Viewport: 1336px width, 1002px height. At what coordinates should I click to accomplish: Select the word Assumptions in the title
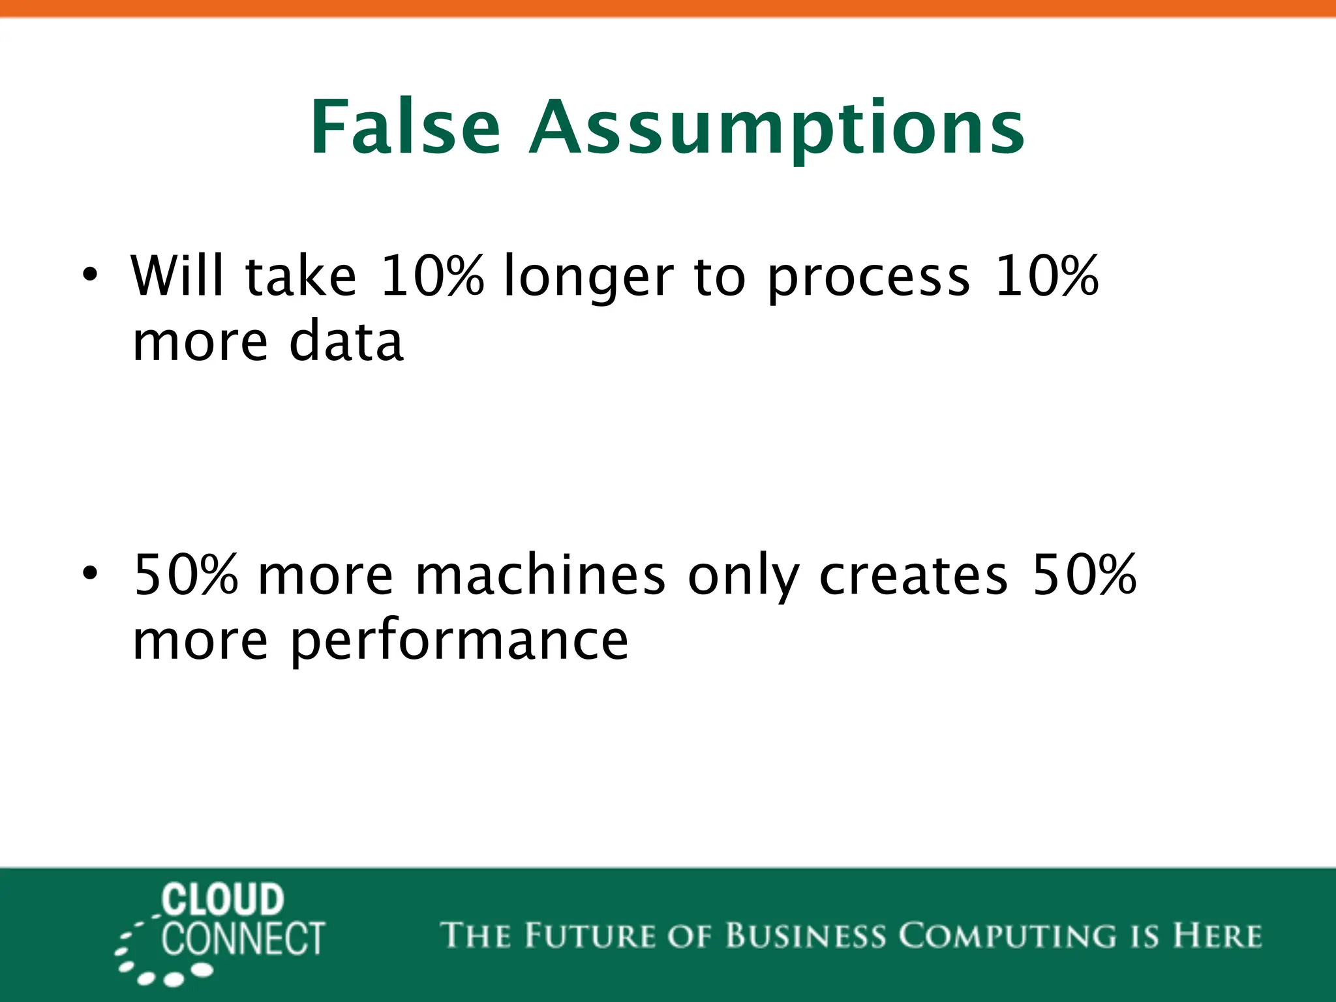[776, 129]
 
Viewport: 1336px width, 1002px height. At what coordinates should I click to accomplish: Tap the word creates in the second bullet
[913, 575]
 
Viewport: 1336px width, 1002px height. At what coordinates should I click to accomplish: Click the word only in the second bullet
[744, 578]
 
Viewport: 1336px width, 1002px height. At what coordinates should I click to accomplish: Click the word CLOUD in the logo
[223, 900]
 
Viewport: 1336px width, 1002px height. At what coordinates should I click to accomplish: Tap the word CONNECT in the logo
[243, 939]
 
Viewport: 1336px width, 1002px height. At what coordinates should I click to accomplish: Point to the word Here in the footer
[1217, 935]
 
